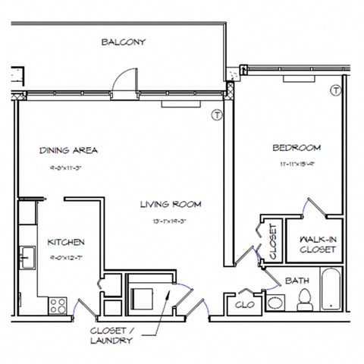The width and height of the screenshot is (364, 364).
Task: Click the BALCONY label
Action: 123,42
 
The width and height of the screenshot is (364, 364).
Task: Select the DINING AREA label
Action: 69,150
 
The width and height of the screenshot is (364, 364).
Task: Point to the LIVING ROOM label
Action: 170,204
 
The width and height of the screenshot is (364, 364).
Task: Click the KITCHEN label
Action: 65,243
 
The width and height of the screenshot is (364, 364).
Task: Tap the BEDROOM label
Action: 296,147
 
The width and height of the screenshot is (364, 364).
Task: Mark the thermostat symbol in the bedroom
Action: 334,92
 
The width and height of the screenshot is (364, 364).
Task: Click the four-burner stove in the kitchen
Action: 58,305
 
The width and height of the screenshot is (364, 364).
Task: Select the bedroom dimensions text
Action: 296,162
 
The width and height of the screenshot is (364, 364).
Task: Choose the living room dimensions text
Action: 170,221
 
